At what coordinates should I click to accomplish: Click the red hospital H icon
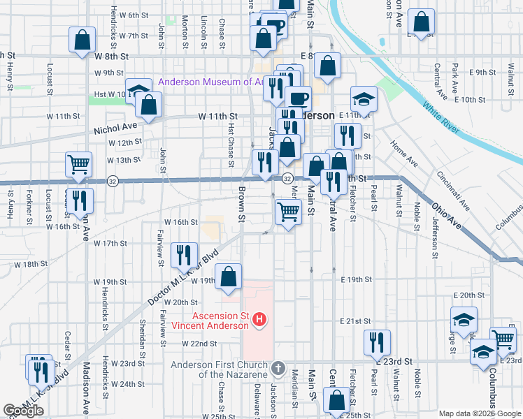click(x=259, y=321)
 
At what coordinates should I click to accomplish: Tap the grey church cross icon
click(x=278, y=367)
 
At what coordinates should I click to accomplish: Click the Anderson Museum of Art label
click(x=210, y=82)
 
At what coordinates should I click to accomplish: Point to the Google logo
click(x=23, y=411)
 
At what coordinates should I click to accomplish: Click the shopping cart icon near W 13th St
click(x=78, y=164)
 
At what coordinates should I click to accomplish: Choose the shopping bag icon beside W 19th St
click(x=228, y=277)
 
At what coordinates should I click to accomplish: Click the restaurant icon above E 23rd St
click(x=378, y=341)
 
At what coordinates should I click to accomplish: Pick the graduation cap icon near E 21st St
click(x=464, y=320)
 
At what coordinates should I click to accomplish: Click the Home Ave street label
click(x=403, y=153)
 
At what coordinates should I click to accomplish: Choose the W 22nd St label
click(x=200, y=344)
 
